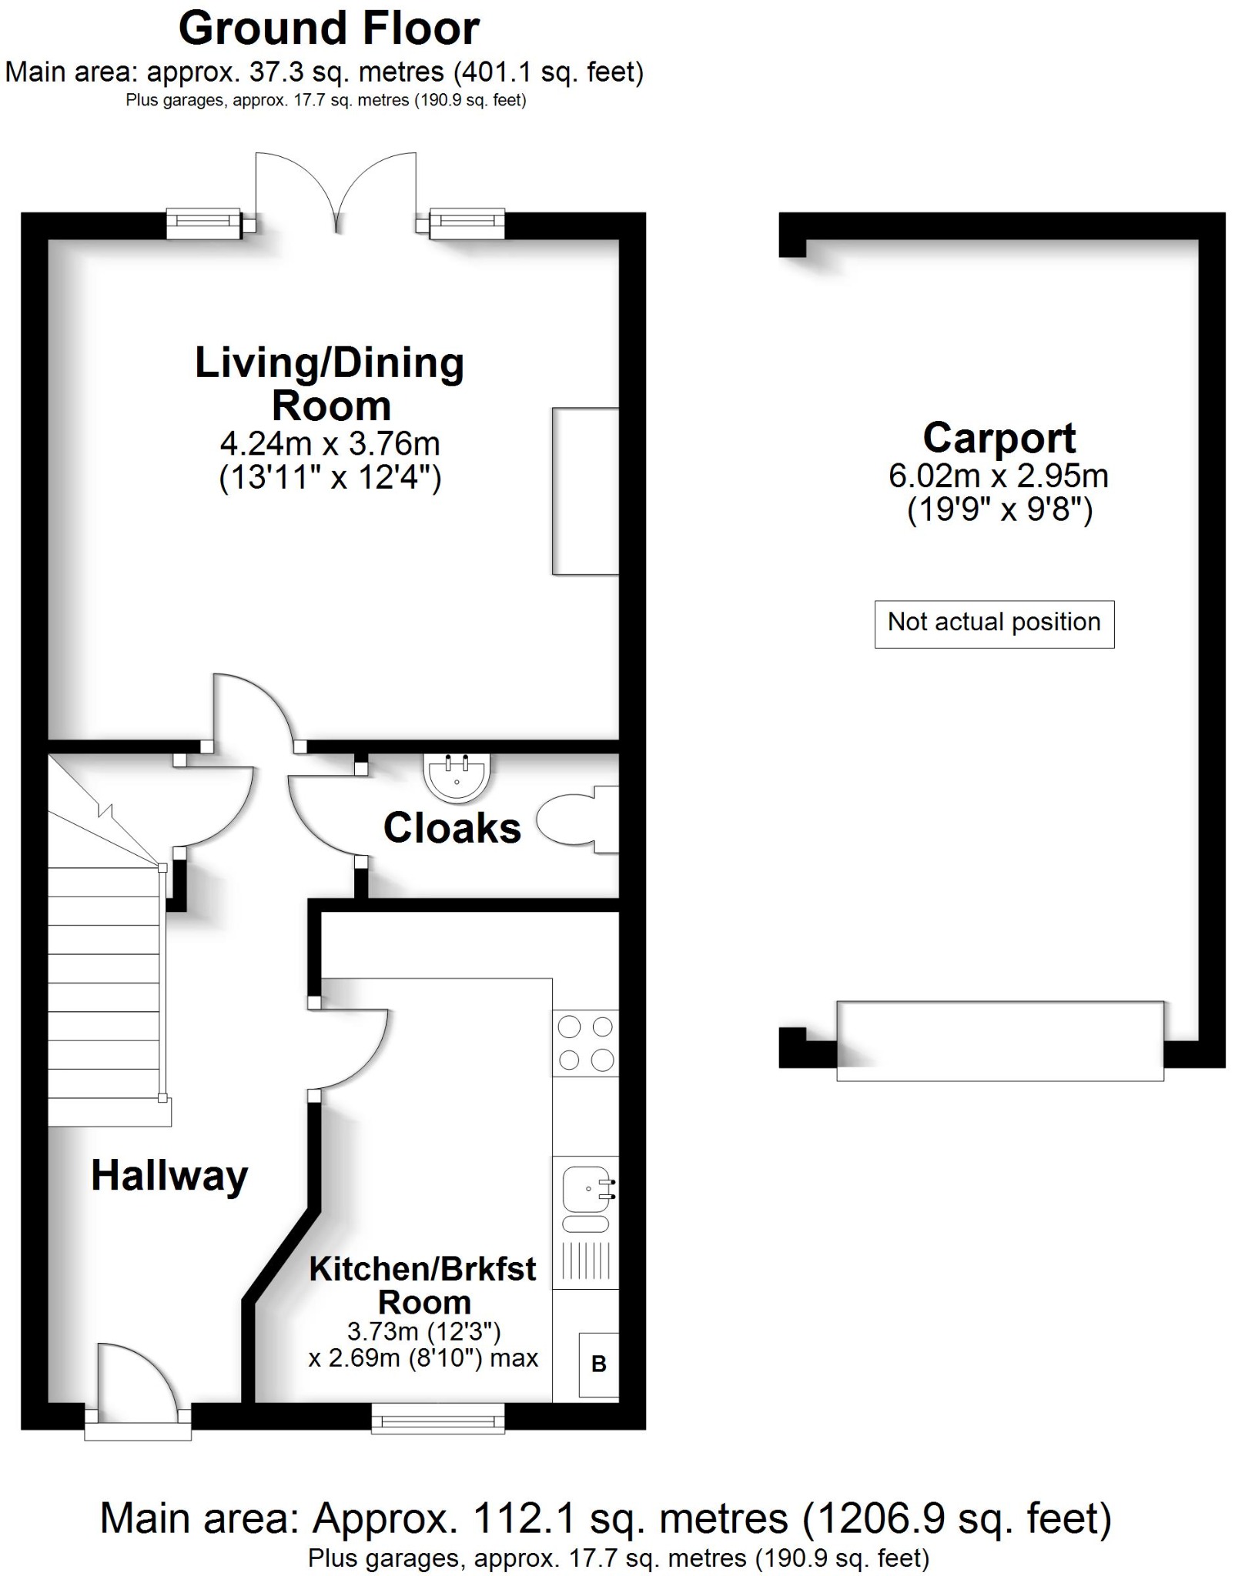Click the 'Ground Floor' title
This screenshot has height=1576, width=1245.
329,29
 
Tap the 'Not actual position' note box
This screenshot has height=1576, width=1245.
993,623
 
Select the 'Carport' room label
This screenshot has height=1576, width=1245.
999,439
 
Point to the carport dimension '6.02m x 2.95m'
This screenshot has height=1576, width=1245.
998,476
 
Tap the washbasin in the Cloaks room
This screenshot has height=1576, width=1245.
457,776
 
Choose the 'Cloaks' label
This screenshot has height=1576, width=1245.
452,829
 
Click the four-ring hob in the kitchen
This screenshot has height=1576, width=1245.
585,1043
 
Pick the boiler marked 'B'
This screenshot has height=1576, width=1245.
599,1364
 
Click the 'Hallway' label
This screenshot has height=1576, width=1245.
169,1177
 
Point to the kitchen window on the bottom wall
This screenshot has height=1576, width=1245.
437,1417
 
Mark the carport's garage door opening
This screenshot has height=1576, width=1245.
999,1040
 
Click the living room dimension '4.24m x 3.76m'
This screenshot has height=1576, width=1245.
330,444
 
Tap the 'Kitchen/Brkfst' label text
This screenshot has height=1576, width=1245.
422,1270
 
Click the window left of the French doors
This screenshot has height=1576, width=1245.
204,223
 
